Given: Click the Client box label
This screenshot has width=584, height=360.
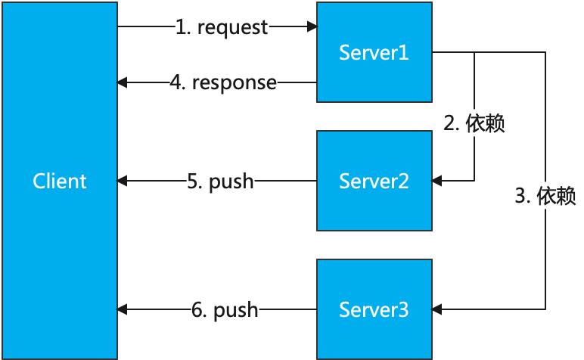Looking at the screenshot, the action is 60,182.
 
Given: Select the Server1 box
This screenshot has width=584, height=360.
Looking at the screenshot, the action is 374,52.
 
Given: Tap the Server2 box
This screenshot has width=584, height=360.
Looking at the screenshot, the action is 374,181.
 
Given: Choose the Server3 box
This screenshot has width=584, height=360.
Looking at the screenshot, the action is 374,309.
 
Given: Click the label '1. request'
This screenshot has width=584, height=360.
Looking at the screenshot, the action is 222,27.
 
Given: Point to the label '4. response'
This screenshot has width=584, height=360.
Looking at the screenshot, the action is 223,82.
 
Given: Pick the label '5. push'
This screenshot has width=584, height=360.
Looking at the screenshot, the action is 220,182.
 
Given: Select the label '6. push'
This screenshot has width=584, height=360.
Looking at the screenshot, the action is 225,310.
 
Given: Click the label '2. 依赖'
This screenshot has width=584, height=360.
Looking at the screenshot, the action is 474,123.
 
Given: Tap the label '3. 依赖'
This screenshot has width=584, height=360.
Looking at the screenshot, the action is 545,195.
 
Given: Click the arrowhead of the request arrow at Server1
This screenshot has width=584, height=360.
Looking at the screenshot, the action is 312,26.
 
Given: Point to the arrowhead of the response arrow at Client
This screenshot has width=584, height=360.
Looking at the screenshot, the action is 122,82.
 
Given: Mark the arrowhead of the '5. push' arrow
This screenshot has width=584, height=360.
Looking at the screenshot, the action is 122,181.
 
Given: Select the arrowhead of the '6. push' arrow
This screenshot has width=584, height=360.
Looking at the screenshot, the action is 122,309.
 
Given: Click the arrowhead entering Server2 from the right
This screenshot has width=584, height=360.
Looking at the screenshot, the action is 437,181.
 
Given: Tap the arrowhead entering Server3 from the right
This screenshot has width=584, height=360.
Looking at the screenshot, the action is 437,309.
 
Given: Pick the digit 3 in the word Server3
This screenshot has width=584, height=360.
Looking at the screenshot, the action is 403,310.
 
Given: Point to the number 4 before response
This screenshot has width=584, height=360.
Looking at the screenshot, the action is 176,82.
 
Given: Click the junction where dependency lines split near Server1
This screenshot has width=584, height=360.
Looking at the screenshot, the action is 474,52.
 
